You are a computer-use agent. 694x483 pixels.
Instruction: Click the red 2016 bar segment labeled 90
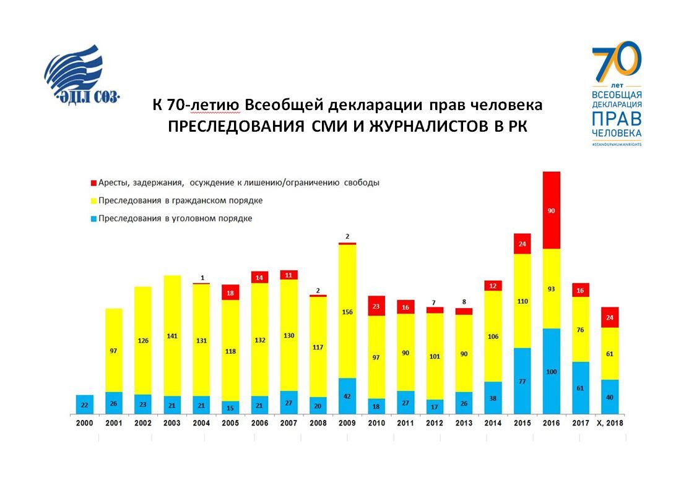(551, 210)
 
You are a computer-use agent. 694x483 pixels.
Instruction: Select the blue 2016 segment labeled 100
(551, 371)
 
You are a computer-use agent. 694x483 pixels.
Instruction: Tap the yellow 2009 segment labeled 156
(347, 311)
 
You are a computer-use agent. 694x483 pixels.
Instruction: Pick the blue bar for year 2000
(85, 404)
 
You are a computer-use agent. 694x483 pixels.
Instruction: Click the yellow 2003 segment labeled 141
(172, 336)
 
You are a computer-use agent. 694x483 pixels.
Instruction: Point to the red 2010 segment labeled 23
(376, 306)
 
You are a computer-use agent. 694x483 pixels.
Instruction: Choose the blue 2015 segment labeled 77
(522, 381)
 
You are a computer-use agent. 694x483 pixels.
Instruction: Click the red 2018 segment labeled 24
(610, 317)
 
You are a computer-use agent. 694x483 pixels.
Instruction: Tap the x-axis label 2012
(435, 423)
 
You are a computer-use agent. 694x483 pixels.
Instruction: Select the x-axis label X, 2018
(610, 423)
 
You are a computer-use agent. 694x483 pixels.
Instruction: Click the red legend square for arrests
(93, 182)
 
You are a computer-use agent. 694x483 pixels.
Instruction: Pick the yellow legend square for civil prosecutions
(93, 200)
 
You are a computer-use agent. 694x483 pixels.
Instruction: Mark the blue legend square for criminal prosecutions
(93, 218)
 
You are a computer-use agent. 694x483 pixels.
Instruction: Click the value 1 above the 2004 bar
(202, 278)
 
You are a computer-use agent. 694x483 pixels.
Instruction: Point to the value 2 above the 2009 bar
(347, 236)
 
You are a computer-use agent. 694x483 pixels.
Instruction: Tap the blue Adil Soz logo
(81, 74)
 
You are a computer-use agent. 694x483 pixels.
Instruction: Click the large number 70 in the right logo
(617, 62)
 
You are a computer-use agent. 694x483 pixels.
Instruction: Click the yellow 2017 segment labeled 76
(581, 330)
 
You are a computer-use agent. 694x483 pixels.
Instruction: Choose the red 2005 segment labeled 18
(231, 293)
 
